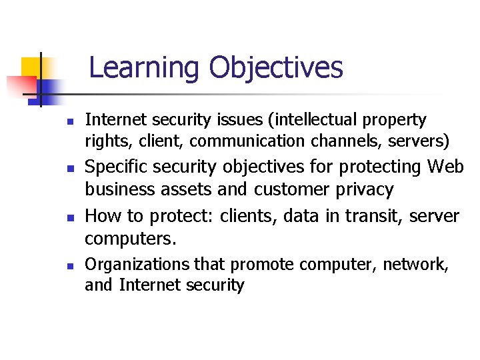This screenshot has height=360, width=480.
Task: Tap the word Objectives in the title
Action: click(275, 68)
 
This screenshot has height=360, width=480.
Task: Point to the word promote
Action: click(261, 265)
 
